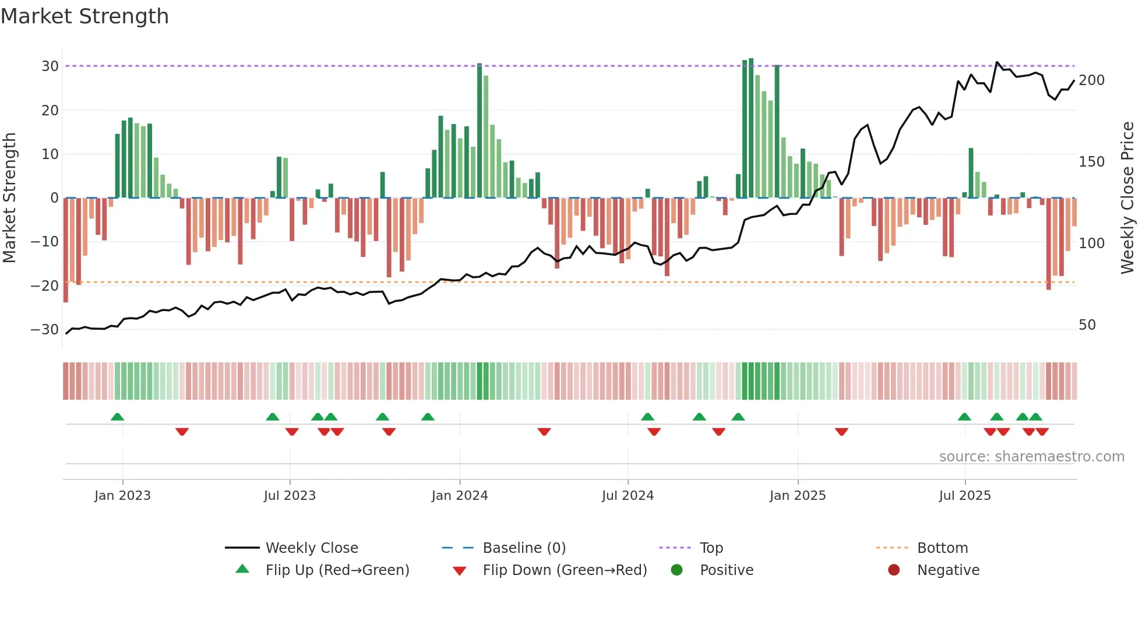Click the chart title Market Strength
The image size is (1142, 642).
84,16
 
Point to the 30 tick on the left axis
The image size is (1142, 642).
50,66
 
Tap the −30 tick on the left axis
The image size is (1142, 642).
45,330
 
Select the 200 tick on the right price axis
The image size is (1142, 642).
1091,80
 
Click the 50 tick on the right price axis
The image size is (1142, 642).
1087,325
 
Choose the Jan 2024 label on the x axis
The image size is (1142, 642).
460,496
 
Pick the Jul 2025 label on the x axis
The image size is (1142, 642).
965,496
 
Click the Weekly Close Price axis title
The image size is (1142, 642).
1128,198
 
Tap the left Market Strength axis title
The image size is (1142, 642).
10,198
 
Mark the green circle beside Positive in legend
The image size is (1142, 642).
676,570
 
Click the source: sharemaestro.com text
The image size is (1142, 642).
1031,457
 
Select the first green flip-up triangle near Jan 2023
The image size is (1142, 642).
117,417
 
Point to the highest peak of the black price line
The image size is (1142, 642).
997,62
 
